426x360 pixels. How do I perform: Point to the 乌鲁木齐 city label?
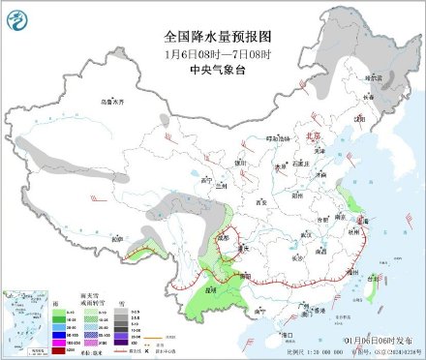[x=114, y=101]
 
